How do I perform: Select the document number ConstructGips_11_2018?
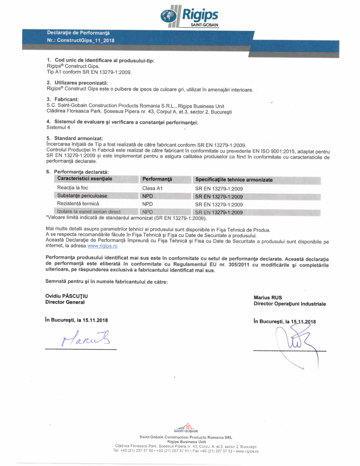tap(80, 40)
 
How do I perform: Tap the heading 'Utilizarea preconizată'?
tap(80, 83)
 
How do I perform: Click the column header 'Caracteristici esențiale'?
tap(85, 179)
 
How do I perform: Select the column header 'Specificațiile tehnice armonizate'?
tap(234, 180)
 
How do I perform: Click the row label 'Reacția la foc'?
tap(72, 188)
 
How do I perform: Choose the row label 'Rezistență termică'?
tap(78, 204)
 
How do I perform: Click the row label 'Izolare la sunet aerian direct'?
tap(89, 212)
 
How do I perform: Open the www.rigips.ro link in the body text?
tap(102, 246)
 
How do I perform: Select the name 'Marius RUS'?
tap(268, 298)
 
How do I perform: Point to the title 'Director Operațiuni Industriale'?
tap(289, 303)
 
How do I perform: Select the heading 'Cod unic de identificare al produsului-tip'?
tap(104, 61)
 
